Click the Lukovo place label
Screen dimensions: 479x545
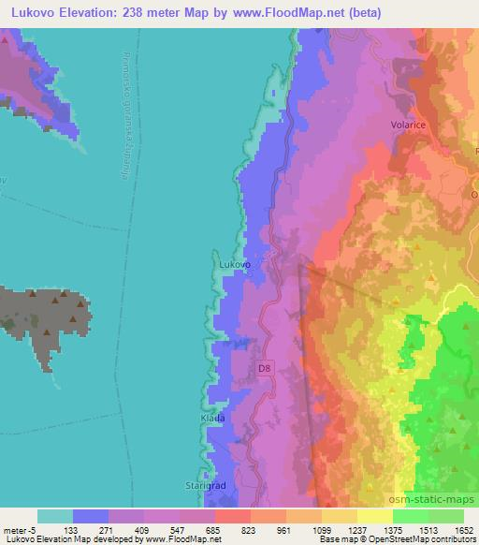[235, 265]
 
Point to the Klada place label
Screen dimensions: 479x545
[213, 418]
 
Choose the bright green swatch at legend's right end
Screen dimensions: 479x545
[446, 515]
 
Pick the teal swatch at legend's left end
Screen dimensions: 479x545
[54, 515]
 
